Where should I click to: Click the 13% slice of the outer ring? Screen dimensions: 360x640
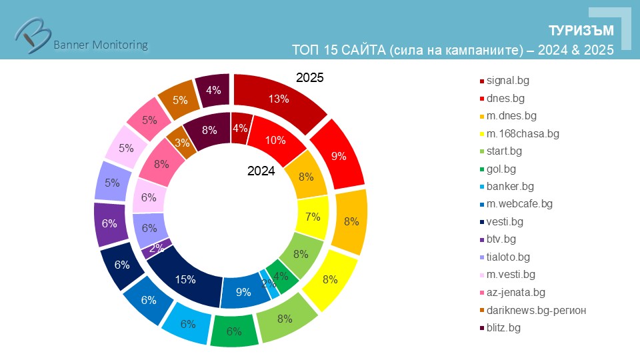(279, 99)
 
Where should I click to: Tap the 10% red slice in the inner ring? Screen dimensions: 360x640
(275, 141)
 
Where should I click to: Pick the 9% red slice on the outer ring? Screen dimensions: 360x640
(339, 157)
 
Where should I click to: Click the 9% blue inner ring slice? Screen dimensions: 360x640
(243, 291)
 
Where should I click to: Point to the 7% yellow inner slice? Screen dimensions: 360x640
(312, 217)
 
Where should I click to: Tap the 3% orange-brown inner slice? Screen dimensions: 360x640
(181, 143)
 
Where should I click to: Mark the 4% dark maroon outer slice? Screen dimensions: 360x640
(213, 89)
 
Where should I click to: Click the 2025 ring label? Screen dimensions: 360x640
(309, 78)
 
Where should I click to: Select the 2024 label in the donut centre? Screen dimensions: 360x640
(261, 171)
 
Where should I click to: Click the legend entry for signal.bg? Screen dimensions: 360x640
(509, 81)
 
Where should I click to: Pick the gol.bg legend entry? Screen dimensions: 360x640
(501, 169)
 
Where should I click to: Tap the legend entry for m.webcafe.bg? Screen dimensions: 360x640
(519, 204)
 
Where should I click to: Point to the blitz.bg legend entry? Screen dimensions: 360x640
(503, 327)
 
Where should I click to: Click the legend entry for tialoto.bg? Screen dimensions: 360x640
(508, 257)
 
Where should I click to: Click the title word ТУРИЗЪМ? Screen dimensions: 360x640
(581, 32)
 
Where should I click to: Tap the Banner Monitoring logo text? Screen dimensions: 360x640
(100, 45)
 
